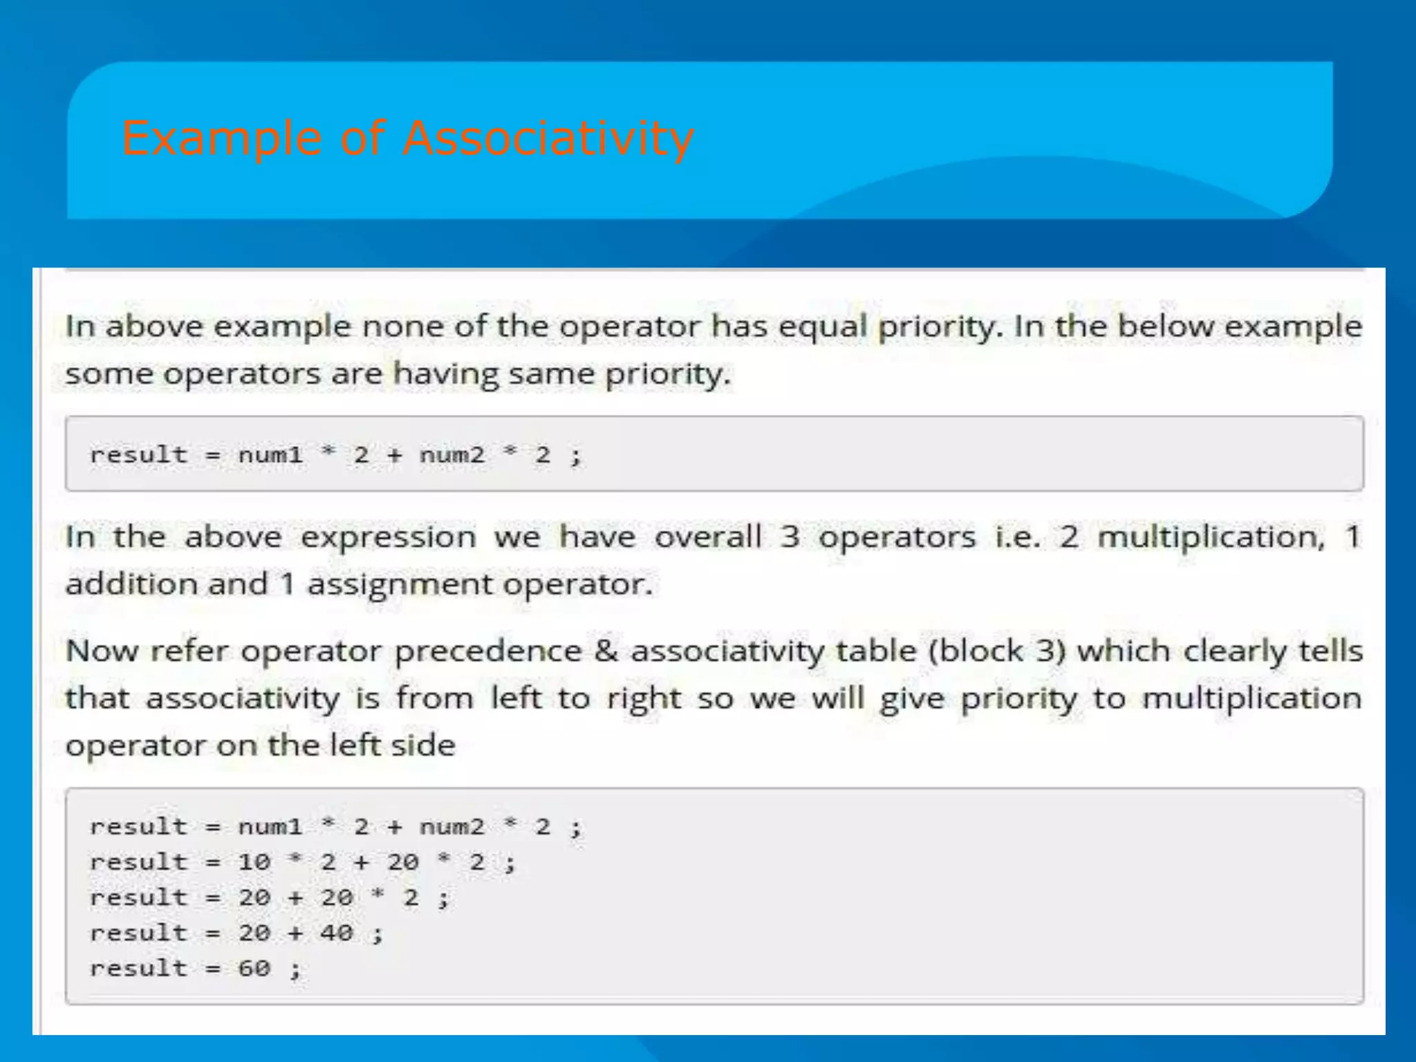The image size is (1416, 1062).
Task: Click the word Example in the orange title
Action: [x=222, y=138]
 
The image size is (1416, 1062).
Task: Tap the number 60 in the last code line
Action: [x=254, y=969]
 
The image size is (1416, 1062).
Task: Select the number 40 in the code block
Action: [x=337, y=933]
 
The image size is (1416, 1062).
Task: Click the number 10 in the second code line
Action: [x=254, y=862]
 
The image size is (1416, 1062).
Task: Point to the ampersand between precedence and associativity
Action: [x=606, y=651]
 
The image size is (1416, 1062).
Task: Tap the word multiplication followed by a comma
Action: [x=1211, y=537]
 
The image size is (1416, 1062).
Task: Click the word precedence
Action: [x=487, y=651]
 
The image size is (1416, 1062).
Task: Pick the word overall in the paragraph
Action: [x=707, y=537]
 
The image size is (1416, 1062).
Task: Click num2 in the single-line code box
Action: [x=451, y=455]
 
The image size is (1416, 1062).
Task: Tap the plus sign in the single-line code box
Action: [x=395, y=455]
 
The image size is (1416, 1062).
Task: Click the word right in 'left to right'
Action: [x=644, y=699]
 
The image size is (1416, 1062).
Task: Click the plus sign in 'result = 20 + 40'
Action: [x=296, y=933]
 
